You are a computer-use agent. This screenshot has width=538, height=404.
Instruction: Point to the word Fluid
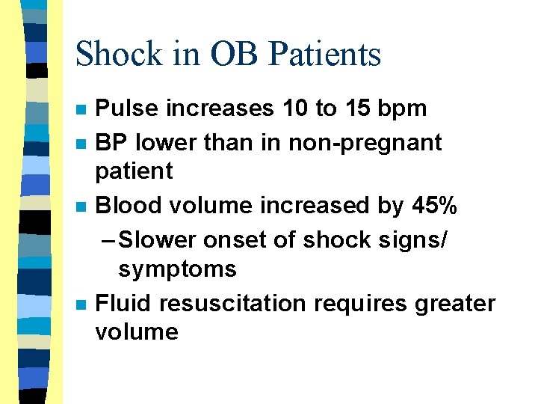[123, 303]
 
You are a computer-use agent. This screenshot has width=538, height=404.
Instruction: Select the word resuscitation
[232, 303]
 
